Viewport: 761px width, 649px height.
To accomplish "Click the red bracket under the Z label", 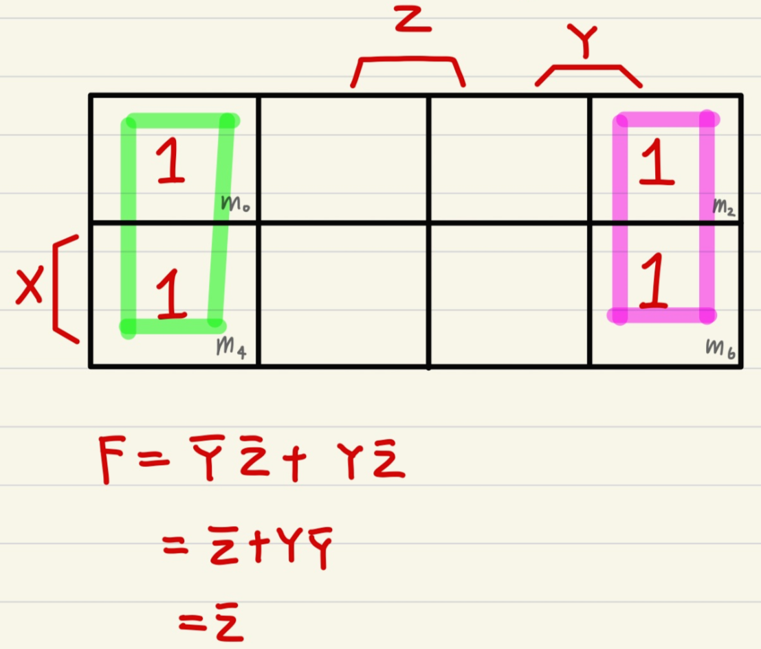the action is click(408, 69).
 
